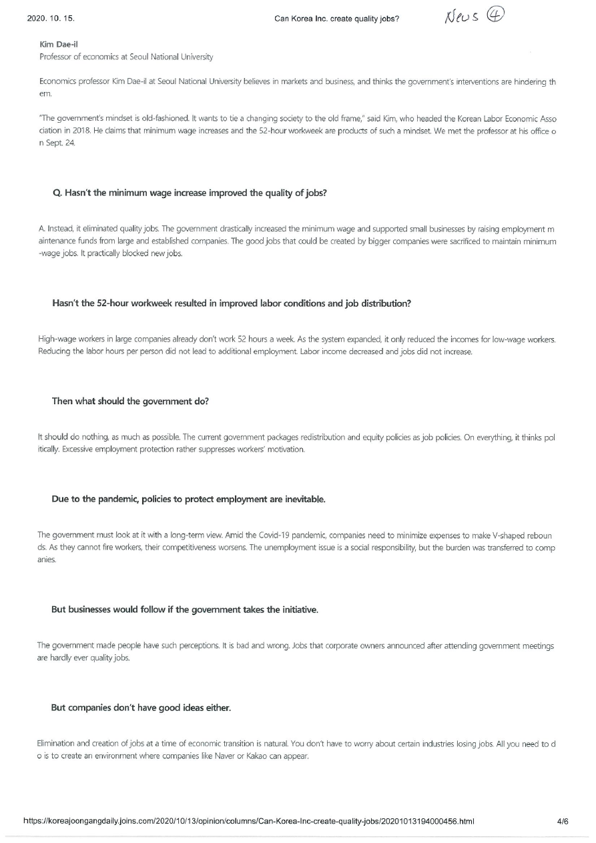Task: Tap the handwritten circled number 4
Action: click(495, 15)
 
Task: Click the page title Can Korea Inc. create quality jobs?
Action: click(336, 19)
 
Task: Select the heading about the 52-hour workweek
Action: click(231, 303)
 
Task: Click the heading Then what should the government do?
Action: click(131, 401)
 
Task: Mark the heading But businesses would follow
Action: click(184, 610)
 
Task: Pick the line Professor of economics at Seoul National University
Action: click(126, 57)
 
